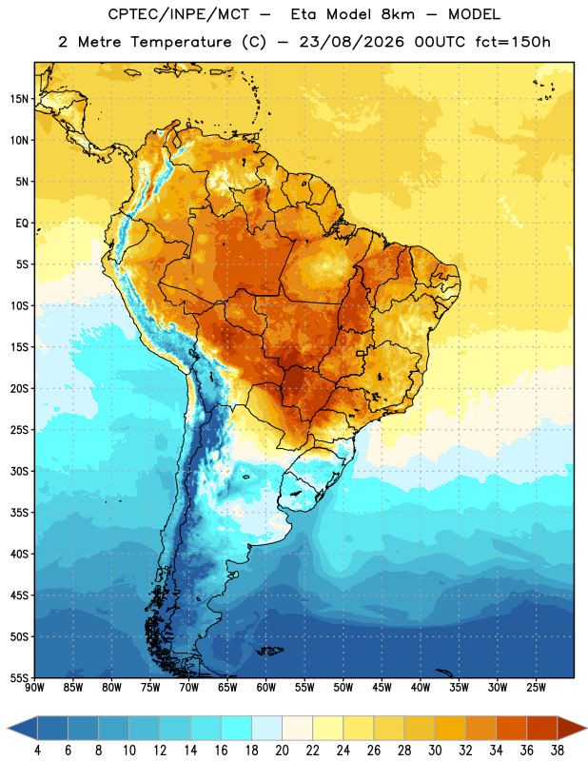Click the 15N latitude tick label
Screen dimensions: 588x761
19,99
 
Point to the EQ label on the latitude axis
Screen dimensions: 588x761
22,224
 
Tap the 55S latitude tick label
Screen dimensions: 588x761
19,677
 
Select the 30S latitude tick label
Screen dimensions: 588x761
19,471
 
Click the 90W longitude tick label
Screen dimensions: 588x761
35,687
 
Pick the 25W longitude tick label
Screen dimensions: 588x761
536,687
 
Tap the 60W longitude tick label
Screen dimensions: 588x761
266,687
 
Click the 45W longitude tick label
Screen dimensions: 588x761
382,687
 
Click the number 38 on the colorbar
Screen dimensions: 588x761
557,751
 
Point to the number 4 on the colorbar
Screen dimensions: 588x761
37,751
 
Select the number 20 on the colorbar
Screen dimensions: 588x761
282,751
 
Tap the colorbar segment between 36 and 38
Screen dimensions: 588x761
542,729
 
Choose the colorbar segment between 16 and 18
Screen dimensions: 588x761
236,729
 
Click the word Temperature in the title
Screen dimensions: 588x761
181,42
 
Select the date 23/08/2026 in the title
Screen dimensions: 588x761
351,42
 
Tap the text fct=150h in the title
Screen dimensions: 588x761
513,42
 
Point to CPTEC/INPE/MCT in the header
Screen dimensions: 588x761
178,14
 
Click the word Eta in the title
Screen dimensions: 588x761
304,14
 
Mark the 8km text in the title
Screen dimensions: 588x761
398,14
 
